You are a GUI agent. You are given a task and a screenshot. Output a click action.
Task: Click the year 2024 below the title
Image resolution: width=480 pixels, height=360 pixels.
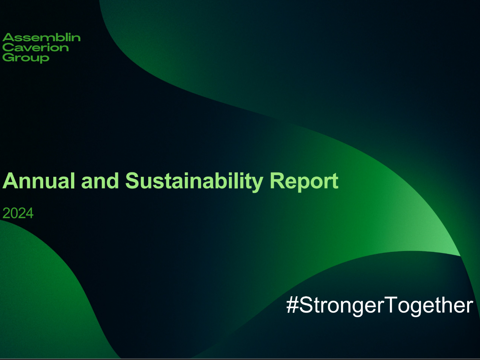click(18, 213)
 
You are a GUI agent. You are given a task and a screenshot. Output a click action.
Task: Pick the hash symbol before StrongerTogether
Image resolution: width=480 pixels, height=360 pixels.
click(292, 305)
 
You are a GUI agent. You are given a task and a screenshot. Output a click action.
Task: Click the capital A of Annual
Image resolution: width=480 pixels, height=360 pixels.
click(10, 182)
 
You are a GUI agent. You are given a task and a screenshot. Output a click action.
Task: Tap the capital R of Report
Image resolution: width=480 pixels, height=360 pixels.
click(280, 182)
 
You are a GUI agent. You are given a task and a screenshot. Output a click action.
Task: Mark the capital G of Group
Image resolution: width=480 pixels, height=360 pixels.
click(8, 58)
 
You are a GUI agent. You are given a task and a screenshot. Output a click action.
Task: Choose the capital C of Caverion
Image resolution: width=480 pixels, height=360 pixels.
click(8, 48)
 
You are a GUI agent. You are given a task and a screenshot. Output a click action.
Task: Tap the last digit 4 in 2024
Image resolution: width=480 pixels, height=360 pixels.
click(30, 213)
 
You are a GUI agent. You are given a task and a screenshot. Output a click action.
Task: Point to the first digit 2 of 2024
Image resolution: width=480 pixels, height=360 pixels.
click(6, 213)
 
